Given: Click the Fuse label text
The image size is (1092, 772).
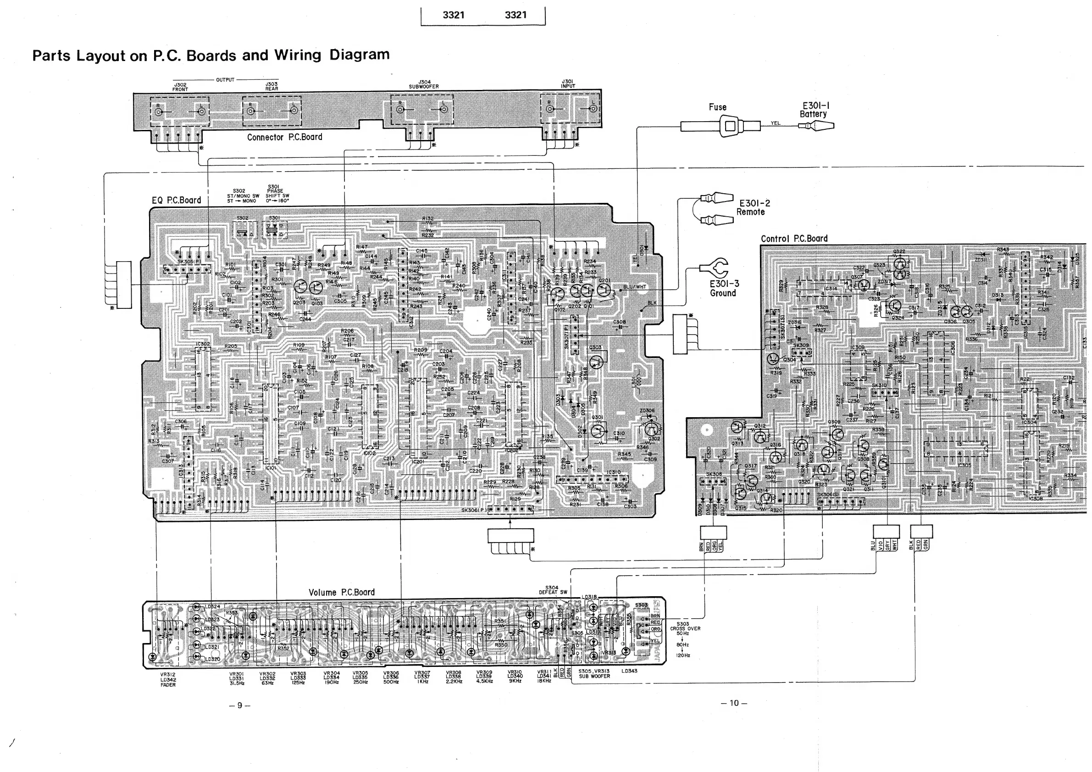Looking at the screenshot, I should click(x=717, y=107).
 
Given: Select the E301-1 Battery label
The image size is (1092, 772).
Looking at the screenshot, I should click(x=815, y=110).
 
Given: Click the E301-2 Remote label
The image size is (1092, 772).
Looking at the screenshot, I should click(x=754, y=207).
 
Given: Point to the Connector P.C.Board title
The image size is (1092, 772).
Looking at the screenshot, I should click(x=284, y=137).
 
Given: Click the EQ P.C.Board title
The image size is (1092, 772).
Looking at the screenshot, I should click(x=177, y=201).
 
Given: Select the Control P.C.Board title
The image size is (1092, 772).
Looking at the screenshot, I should click(x=794, y=239).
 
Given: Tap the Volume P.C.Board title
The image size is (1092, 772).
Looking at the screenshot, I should click(x=342, y=593).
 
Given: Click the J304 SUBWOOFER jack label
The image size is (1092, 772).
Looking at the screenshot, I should click(x=424, y=84).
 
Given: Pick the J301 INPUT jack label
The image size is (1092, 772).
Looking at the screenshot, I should click(x=567, y=84).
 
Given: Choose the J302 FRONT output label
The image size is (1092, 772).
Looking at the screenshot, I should click(x=180, y=87).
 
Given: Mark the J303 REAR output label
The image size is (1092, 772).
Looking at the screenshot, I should click(x=272, y=86).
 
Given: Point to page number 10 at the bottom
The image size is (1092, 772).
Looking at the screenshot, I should click(x=734, y=703).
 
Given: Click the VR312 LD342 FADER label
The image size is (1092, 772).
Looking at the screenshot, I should click(x=168, y=680).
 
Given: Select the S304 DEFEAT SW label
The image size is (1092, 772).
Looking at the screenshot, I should click(x=553, y=590).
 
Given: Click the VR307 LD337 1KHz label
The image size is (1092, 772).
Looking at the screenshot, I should click(x=422, y=677).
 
